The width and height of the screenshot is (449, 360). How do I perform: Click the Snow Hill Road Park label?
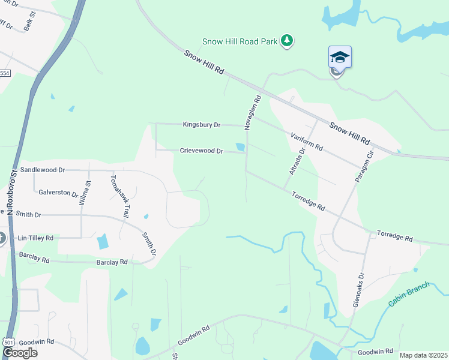pos(240,41)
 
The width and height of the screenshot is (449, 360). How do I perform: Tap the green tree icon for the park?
pos(288,41)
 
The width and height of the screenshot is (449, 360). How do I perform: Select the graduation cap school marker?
pos(340,58)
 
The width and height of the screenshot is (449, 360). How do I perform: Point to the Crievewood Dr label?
pos(201,151)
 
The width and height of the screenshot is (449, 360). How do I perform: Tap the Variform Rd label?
pos(307,142)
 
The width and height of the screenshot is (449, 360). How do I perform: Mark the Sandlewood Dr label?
pos(42,170)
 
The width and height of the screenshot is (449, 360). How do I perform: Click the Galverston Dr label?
pos(58,193)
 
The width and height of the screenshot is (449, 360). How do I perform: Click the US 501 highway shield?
pos(8,341)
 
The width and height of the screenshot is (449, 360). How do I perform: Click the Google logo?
pos(20,353)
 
